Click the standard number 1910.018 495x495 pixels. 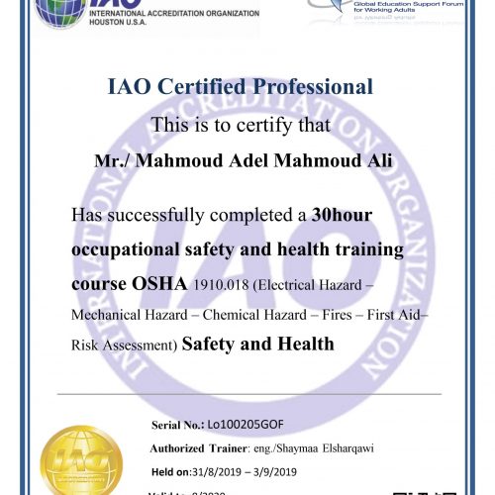coord(217,284)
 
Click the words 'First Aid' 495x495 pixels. coord(398,315)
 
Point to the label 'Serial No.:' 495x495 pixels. coord(177,425)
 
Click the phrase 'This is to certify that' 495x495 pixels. coord(247,126)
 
